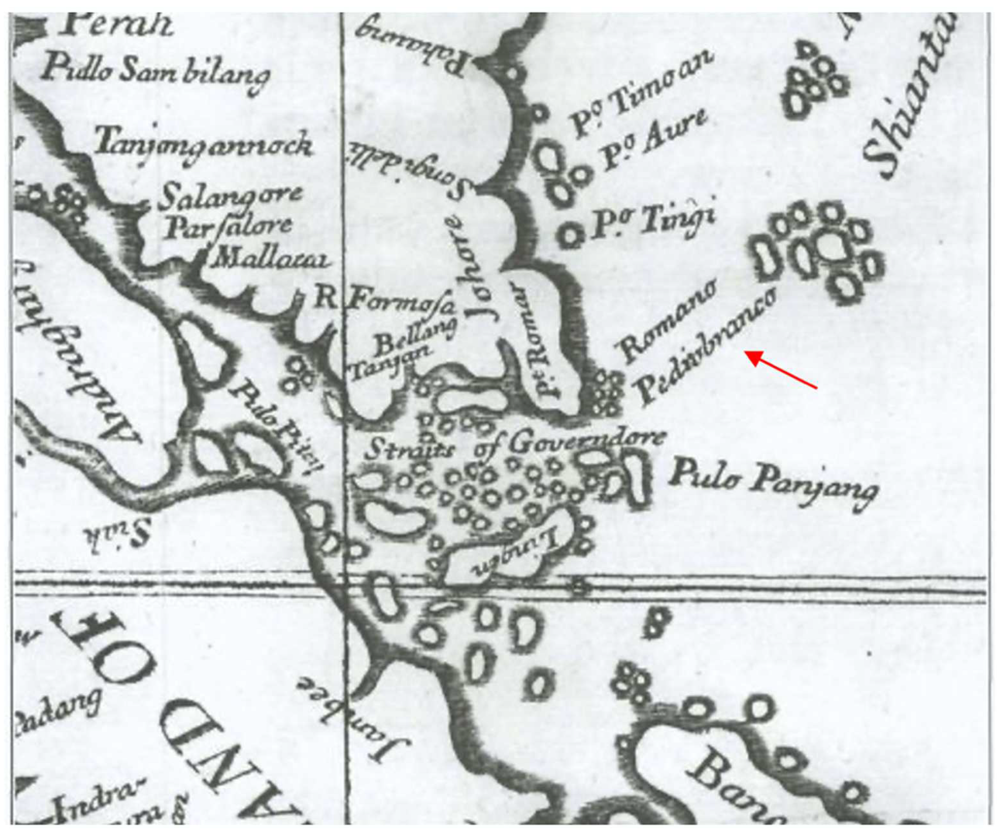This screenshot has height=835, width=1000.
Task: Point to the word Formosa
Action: pyautogui.click(x=402, y=303)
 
